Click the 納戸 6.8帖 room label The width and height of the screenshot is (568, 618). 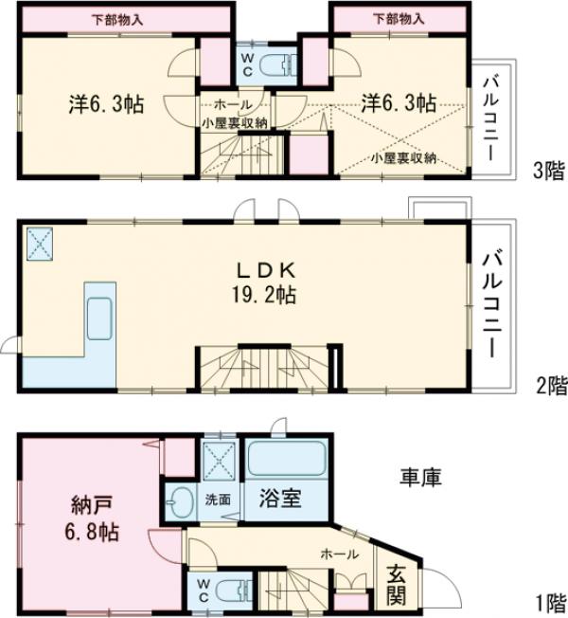(x=91, y=517)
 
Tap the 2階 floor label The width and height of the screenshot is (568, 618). (x=548, y=385)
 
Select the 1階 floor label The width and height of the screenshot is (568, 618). (x=548, y=601)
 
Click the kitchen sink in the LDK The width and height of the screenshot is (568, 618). (x=100, y=316)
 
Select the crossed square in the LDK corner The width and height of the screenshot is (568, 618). (x=41, y=245)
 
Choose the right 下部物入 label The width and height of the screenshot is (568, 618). (x=398, y=18)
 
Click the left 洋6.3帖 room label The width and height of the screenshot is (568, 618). (x=106, y=104)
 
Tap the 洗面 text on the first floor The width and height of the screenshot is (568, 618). (x=218, y=499)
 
